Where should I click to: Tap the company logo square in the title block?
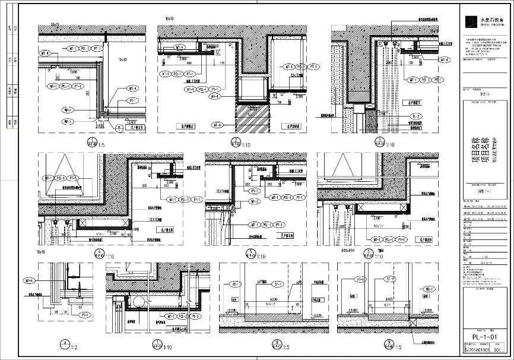(469, 21)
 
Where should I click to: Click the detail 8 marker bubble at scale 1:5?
(276, 343)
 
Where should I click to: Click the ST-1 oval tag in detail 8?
(276, 286)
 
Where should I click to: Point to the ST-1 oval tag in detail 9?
(390, 279)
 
